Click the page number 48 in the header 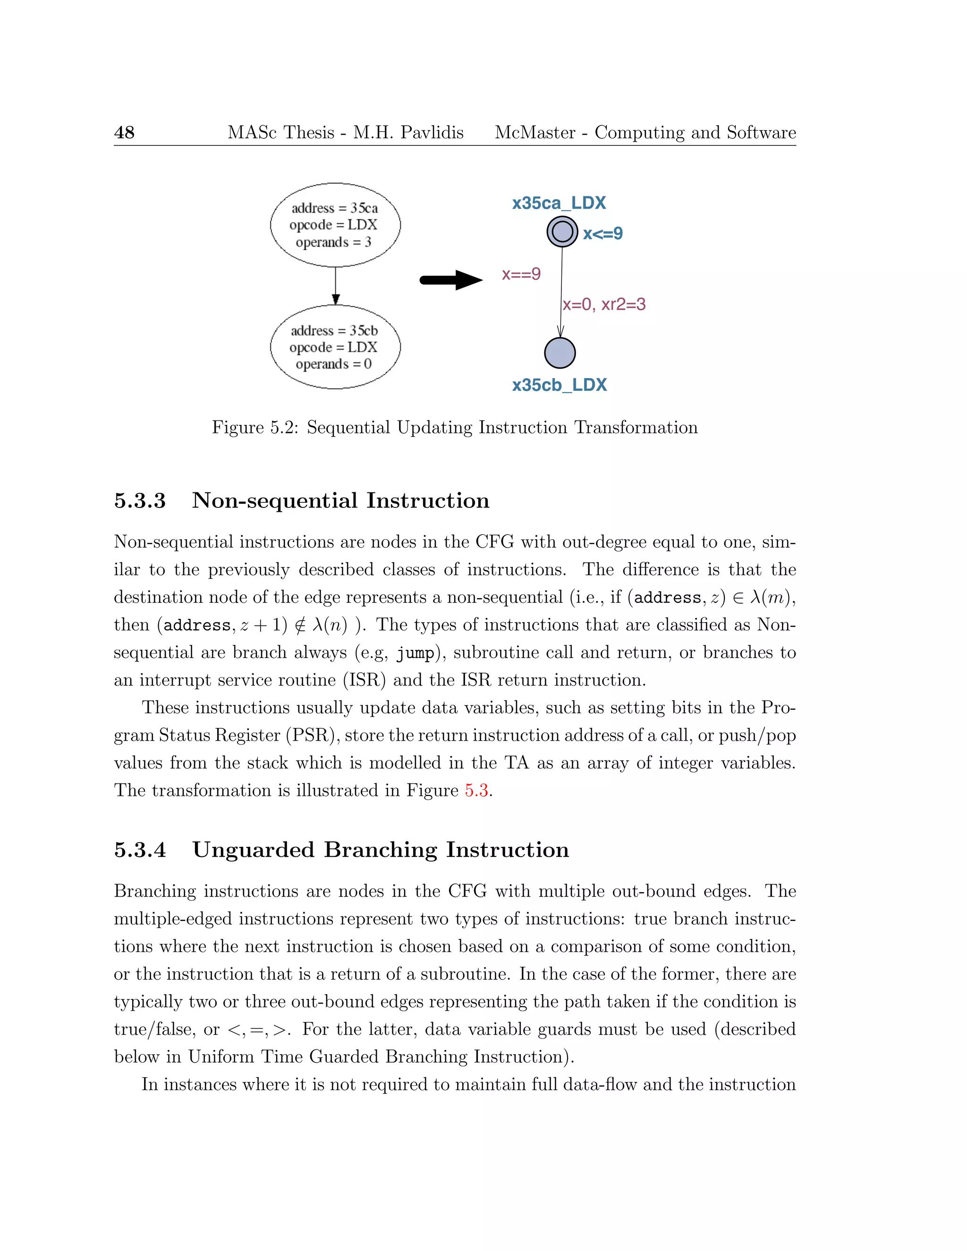click(124, 133)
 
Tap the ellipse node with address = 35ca click(335, 225)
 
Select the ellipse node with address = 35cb click(335, 347)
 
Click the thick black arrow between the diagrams click(451, 280)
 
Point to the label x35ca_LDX click(559, 203)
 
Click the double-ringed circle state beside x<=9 click(562, 232)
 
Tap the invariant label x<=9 click(602, 234)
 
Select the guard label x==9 click(521, 274)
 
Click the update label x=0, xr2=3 click(604, 304)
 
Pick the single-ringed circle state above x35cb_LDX click(560, 353)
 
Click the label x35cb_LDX click(559, 385)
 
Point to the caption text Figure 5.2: click(255, 428)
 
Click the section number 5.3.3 click(140, 500)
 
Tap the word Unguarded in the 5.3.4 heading click(253, 849)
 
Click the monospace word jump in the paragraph click(415, 653)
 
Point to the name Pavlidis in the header click(432, 133)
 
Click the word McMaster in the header click(534, 133)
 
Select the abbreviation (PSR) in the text click(313, 735)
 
